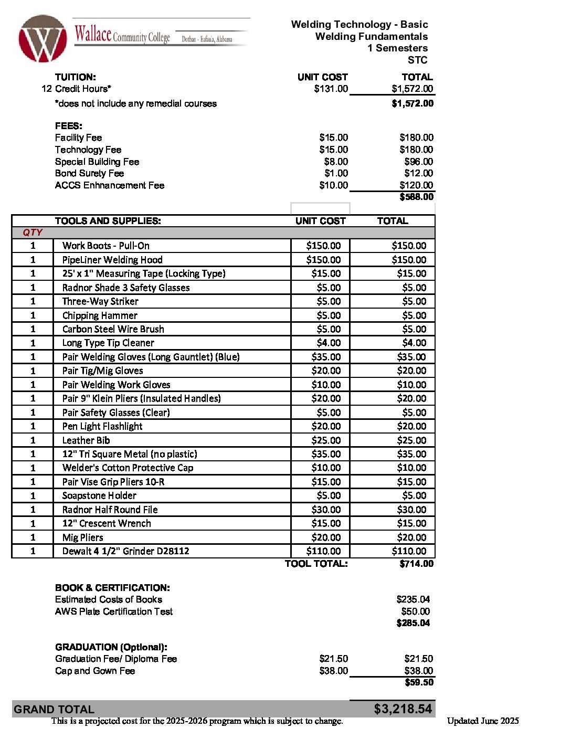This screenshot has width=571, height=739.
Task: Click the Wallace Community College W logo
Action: (43, 38)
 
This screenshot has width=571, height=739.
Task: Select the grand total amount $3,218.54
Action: (403, 709)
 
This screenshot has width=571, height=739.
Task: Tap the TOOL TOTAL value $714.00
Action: (416, 564)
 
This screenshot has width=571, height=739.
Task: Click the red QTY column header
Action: (33, 233)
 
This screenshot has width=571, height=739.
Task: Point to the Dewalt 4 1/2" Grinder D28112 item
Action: (125, 551)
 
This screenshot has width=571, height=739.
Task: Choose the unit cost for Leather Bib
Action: (326, 440)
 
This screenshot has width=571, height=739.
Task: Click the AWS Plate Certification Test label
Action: (114, 611)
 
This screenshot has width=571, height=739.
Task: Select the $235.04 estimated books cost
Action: (413, 599)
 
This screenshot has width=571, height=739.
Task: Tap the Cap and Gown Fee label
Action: (95, 671)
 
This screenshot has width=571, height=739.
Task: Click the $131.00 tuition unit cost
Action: (331, 89)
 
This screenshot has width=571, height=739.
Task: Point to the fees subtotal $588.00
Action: (416, 197)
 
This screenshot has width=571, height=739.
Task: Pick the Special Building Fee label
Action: (97, 162)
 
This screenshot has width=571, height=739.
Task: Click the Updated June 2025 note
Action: (483, 721)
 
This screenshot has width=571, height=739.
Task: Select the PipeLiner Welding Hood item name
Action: (112, 260)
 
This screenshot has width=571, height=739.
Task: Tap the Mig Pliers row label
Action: (82, 537)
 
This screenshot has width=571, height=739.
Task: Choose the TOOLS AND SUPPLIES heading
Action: (108, 221)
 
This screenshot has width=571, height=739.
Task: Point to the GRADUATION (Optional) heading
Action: (111, 647)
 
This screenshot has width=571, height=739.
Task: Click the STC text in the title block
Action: (417, 60)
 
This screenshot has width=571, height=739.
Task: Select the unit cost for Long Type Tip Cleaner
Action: (329, 343)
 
